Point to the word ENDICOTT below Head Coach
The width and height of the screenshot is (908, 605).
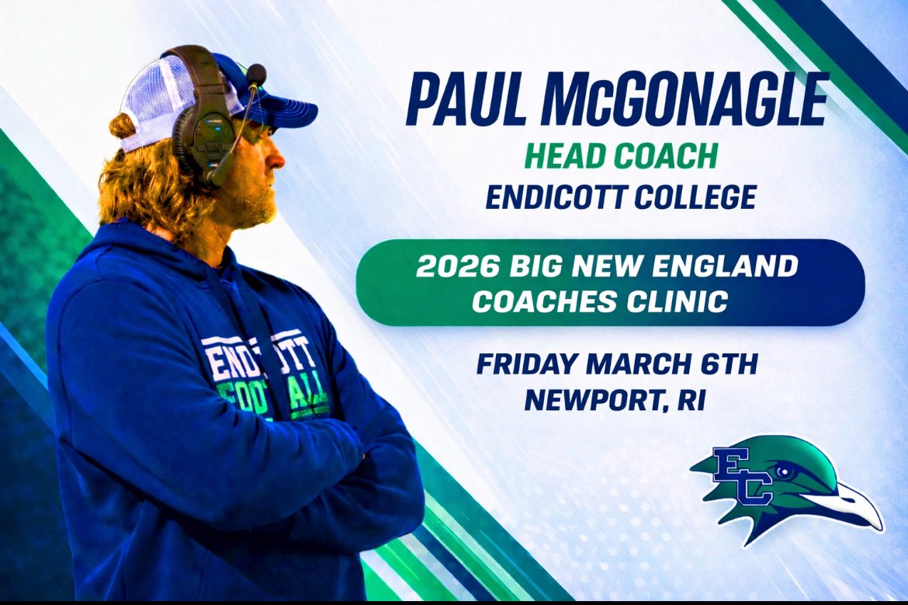click(x=556, y=197)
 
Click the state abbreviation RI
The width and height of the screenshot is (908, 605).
click(x=689, y=400)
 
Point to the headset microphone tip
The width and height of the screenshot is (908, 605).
click(x=255, y=75)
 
